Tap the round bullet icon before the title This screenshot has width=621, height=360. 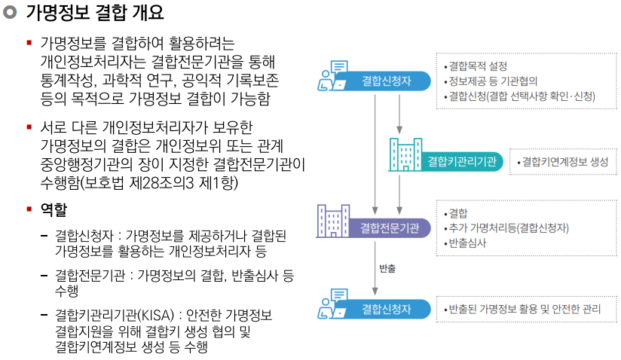pos(10,14)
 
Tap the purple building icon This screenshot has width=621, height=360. pos(332,220)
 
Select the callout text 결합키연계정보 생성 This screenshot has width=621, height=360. pos(564,161)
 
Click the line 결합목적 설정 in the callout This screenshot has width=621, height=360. pos(478,66)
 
